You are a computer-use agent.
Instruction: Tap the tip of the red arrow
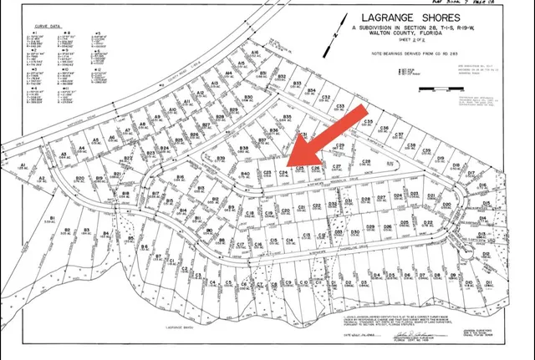click(x=288, y=164)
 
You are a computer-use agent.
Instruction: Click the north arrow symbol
click(x=334, y=36)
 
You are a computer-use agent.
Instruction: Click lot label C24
click(x=283, y=170)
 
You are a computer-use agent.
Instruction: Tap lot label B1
click(x=53, y=219)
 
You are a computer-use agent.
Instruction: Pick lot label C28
click(x=365, y=161)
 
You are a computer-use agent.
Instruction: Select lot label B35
click(x=287, y=117)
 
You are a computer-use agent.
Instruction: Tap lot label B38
click(x=244, y=148)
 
